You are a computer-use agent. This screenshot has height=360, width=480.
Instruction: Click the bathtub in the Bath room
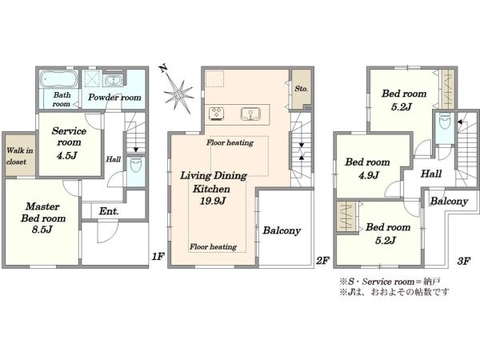58,79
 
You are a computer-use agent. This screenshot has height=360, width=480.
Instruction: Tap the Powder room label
114,98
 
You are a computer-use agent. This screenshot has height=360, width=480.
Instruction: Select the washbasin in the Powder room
114,81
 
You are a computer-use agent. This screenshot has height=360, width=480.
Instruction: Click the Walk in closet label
19,156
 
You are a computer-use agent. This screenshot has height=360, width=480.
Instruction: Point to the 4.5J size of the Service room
66,155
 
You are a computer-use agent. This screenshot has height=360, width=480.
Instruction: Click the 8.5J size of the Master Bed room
42,230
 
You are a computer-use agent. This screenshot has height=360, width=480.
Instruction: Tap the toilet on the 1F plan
136,166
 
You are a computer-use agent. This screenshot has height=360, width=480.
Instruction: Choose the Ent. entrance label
109,211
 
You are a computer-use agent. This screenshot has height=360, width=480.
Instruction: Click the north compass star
178,92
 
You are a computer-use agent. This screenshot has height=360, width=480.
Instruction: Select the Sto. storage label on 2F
302,89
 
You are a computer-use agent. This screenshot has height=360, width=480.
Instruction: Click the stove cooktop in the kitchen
217,114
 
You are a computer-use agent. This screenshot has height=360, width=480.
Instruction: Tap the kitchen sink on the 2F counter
250,114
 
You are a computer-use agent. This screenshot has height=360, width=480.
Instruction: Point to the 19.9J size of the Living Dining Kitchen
213,201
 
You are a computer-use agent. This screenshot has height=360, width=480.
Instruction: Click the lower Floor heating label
213,246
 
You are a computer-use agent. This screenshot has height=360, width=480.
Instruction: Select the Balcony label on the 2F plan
282,230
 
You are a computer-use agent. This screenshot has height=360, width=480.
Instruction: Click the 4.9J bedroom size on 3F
369,175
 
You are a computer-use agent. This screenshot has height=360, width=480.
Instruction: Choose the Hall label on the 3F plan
431,174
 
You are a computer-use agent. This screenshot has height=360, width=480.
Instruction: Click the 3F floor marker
464,261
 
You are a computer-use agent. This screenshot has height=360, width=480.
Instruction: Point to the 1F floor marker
158,256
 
